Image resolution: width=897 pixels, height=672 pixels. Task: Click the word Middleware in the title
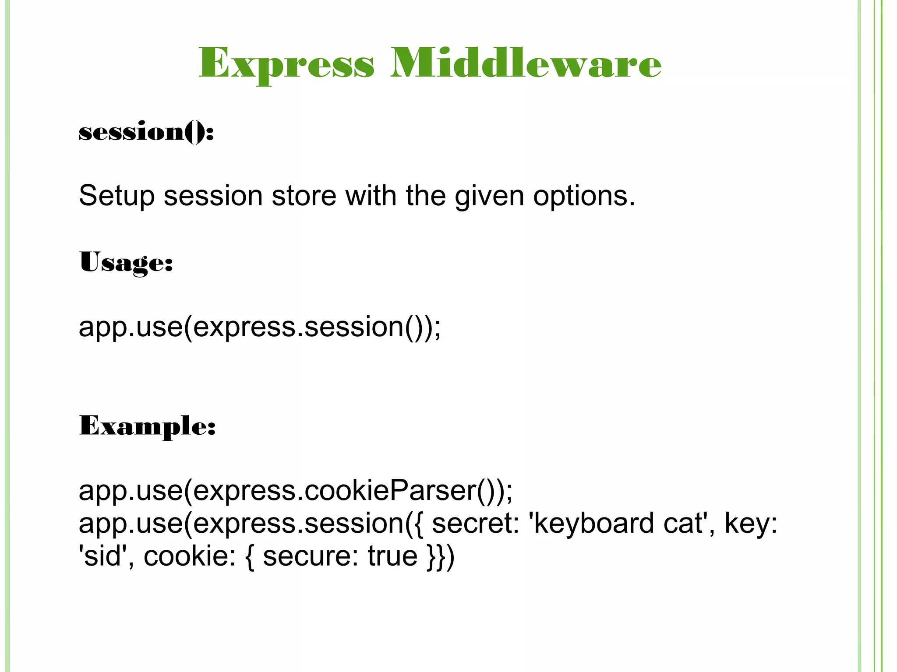pyautogui.click(x=526, y=63)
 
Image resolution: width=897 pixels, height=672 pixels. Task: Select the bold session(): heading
pyautogui.click(x=146, y=132)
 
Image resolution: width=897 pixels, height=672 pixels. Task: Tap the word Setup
pyautogui.click(x=117, y=196)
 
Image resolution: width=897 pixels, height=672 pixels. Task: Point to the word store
pyautogui.click(x=304, y=195)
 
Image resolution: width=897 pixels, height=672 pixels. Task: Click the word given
pyautogui.click(x=489, y=196)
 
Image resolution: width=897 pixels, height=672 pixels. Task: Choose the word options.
pyautogui.click(x=584, y=196)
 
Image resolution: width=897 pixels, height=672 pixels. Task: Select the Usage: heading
pyautogui.click(x=126, y=263)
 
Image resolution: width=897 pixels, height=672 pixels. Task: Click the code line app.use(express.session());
pyautogui.click(x=260, y=327)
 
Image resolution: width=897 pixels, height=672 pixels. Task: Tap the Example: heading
pyautogui.click(x=147, y=426)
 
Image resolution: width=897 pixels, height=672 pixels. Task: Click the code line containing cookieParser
pyautogui.click(x=296, y=491)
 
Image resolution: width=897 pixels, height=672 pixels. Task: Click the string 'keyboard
pyautogui.click(x=592, y=523)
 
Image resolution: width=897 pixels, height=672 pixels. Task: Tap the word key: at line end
pyautogui.click(x=751, y=523)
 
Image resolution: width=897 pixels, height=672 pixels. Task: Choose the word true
pyautogui.click(x=392, y=556)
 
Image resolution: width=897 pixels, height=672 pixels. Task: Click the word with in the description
pyautogui.click(x=371, y=195)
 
